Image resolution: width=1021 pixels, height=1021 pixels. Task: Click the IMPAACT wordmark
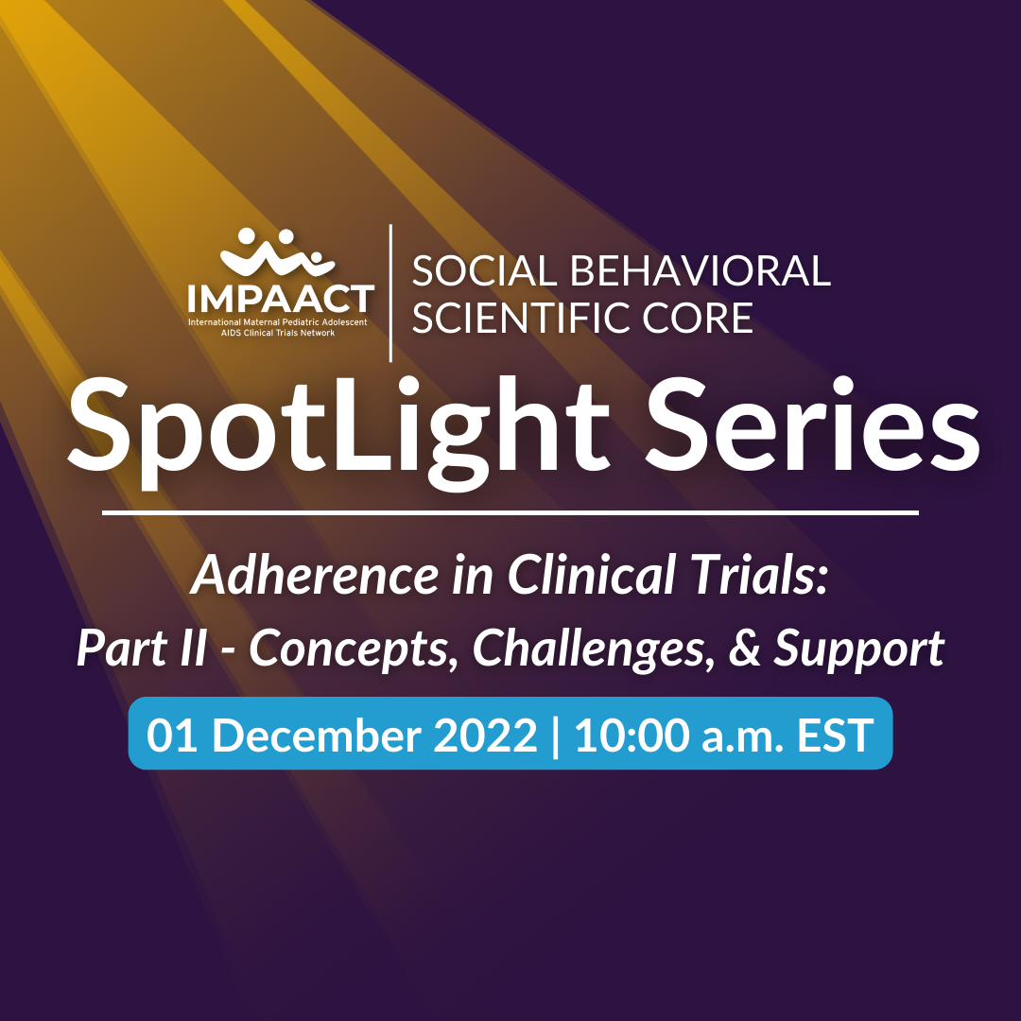pyautogui.click(x=281, y=300)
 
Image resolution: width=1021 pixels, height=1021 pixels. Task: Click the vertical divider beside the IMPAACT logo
pyautogui.click(x=390, y=293)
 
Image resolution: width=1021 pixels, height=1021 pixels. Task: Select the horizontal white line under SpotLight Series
pyautogui.click(x=510, y=513)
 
